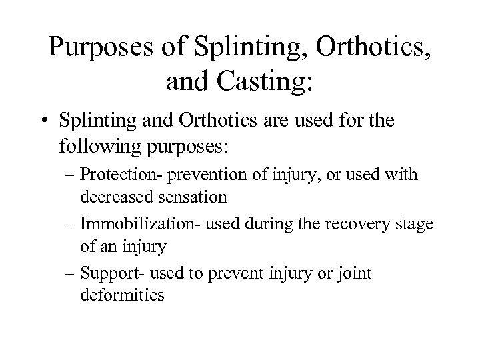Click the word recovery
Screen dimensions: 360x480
point(358,225)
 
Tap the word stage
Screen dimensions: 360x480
point(414,225)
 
